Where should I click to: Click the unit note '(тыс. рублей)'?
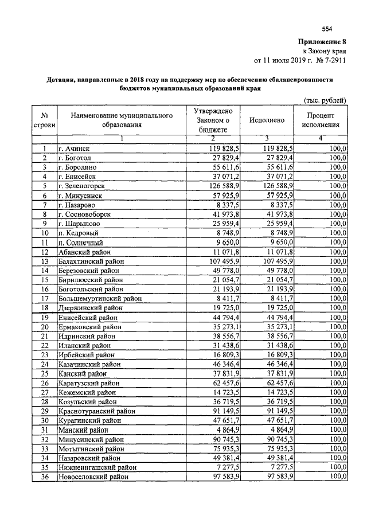point(325,101)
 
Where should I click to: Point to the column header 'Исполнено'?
point(267,120)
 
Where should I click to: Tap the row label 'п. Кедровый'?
point(78,233)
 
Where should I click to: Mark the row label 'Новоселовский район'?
point(93,476)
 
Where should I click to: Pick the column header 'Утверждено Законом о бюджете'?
point(213,120)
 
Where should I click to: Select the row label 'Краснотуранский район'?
point(95,411)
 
